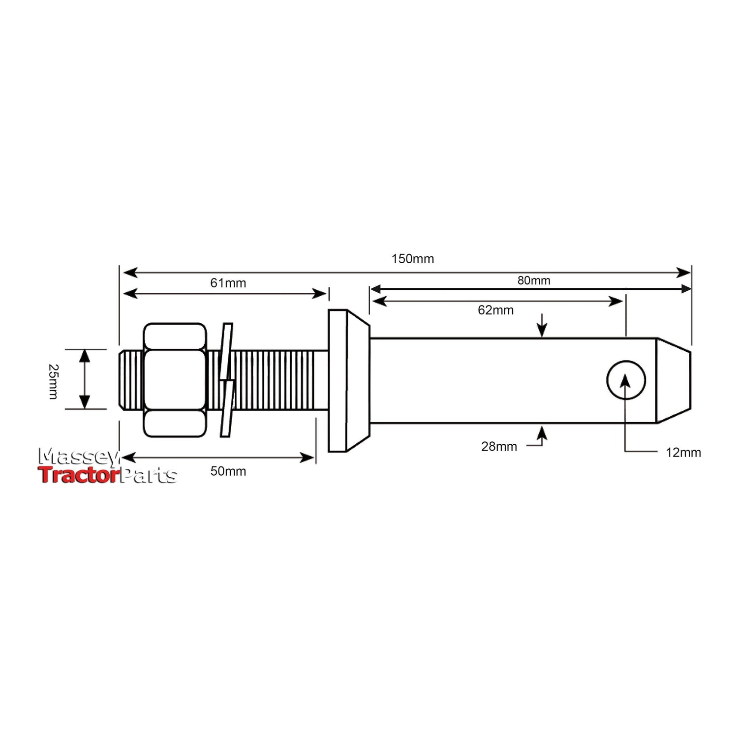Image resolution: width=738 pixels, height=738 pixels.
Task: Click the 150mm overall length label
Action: click(412, 259)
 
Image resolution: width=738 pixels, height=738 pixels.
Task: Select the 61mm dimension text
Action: click(228, 283)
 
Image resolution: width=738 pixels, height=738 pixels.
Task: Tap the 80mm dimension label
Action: click(533, 280)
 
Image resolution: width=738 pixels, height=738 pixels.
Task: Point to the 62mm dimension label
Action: click(495, 310)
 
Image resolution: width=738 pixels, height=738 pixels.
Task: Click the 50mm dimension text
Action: click(228, 471)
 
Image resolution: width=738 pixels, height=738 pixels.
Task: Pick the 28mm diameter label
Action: click(499, 446)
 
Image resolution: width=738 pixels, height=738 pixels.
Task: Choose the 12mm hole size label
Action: click(683, 452)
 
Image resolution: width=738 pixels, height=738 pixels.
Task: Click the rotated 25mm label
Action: click(53, 381)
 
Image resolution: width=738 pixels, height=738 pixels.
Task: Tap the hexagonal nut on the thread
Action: click(174, 380)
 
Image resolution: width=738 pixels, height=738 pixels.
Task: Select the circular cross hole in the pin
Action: click(626, 380)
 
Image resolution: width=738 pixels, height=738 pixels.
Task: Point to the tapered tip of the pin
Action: click(674, 380)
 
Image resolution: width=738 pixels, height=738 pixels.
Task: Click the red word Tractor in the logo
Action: click(79, 475)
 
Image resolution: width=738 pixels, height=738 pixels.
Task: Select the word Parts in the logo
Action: click(149, 476)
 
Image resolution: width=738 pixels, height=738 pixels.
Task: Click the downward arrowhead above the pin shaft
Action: click(542, 331)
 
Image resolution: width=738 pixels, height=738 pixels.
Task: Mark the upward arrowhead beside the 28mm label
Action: click(542, 432)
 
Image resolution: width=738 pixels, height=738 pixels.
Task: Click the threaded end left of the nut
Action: click(131, 380)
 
